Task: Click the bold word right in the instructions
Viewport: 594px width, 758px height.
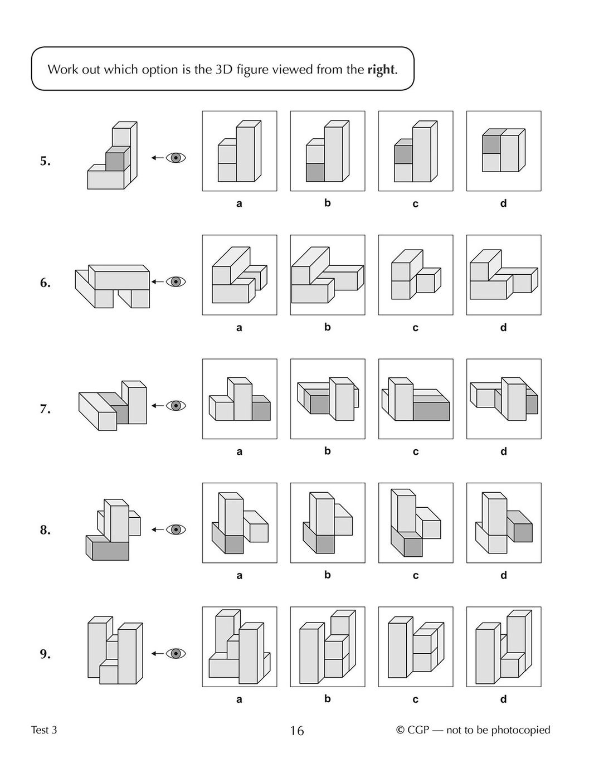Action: tap(381, 70)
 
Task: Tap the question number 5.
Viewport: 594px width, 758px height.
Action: tap(45, 162)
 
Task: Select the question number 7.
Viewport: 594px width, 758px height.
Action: tap(45, 409)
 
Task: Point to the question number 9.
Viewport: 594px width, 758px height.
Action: tap(45, 654)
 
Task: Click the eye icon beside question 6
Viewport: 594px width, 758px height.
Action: tap(176, 281)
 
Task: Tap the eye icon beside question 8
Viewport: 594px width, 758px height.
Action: tap(176, 529)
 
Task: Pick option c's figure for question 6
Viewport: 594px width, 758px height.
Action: tap(416, 275)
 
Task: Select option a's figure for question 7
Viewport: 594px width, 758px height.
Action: tap(240, 399)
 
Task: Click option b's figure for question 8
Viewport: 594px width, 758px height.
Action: tap(328, 523)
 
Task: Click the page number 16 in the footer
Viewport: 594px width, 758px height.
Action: tap(297, 731)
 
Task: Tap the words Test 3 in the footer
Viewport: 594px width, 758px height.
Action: tap(44, 730)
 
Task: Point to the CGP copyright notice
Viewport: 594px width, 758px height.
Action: tap(473, 730)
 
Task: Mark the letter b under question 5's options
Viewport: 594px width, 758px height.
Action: tap(328, 203)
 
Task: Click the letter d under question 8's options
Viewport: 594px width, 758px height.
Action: tap(504, 575)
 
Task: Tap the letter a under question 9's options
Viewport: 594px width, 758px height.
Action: tap(240, 699)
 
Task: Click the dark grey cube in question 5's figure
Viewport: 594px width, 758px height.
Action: tap(115, 161)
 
